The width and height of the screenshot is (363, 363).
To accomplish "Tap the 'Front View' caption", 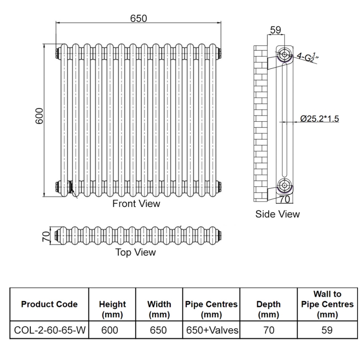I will (136, 204).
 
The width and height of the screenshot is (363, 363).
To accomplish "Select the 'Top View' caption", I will (135, 252).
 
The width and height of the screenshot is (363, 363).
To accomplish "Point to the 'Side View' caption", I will (277, 214).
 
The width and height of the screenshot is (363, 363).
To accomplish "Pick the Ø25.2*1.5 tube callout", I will (319, 119).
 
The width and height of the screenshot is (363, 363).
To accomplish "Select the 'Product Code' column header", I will (49, 304).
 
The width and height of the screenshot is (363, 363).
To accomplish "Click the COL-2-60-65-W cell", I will (49, 330).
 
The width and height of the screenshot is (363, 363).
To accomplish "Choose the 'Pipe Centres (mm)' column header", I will (211, 309).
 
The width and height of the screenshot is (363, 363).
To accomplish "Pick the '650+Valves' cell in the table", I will (211, 330).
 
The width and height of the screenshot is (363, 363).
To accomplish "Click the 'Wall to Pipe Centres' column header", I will (327, 304).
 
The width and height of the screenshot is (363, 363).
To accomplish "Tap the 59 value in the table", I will (327, 330).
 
